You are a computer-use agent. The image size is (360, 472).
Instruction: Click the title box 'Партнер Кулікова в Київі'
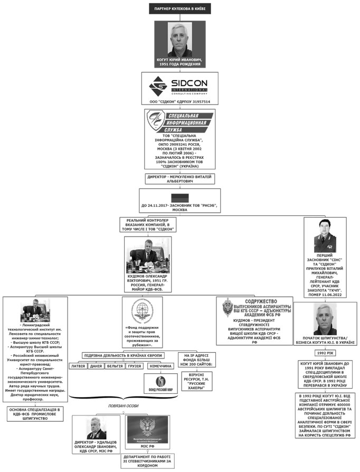(180, 9)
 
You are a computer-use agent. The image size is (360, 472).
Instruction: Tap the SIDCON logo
(179, 84)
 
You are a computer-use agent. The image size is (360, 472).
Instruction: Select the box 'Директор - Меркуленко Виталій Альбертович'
(180, 178)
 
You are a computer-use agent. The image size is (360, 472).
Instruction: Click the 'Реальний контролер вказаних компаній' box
(150, 225)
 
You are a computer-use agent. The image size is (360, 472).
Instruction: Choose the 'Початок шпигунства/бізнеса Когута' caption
(324, 339)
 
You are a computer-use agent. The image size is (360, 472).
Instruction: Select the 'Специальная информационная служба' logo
(180, 123)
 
